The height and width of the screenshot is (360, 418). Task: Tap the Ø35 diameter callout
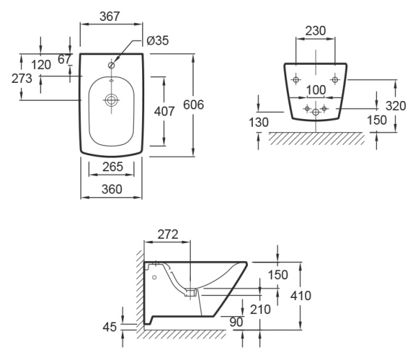158,40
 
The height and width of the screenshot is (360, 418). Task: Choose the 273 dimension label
23,78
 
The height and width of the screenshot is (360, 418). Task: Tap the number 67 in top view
64,59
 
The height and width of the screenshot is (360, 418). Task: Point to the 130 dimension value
258,122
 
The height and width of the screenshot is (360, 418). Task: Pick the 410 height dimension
301,296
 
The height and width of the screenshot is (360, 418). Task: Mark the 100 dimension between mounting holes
316,91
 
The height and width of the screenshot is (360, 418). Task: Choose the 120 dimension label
42,65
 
